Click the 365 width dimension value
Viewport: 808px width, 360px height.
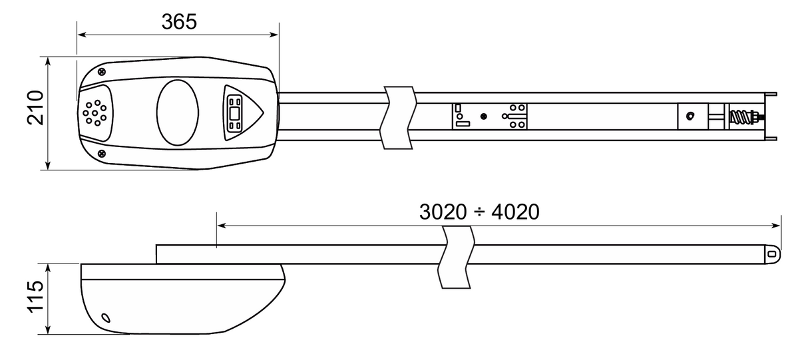179,21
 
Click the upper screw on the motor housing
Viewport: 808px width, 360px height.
101,71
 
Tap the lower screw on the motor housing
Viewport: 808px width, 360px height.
101,154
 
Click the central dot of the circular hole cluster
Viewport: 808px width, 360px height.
95,112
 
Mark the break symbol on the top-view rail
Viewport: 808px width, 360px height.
398,116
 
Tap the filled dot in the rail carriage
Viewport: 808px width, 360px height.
483,116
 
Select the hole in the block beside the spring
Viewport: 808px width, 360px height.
690,116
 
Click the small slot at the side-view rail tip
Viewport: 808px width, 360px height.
772,254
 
